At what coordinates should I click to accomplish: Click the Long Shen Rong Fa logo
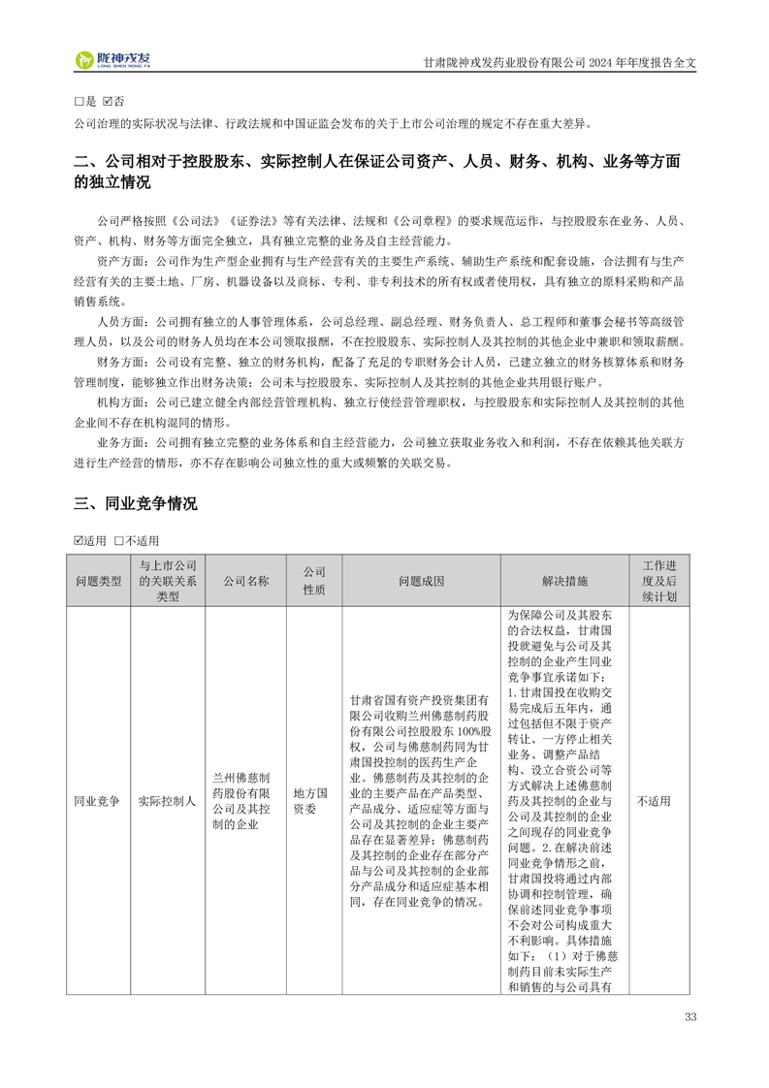(x=115, y=60)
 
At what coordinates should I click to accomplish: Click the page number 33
(x=690, y=1017)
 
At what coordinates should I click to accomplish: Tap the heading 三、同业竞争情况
(x=136, y=504)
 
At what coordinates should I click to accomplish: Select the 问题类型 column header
(x=98, y=581)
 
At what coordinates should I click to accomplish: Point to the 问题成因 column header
(x=421, y=581)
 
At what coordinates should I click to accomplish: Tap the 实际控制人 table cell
(x=167, y=801)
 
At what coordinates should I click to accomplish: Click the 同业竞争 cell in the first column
(x=98, y=801)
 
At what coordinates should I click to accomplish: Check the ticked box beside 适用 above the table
(x=80, y=540)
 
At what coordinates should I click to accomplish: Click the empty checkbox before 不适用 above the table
(x=118, y=540)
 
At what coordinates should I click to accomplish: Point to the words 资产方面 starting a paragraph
(x=118, y=262)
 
